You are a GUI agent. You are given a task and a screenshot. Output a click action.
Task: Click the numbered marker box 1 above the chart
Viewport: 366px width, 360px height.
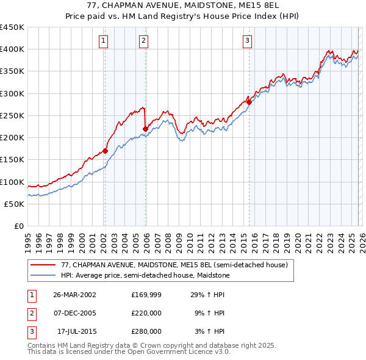tap(103, 41)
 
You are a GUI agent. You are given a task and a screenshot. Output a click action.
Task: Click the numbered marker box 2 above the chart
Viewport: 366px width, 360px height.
tap(143, 41)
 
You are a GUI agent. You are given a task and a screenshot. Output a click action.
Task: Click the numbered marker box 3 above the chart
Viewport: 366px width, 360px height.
tap(247, 41)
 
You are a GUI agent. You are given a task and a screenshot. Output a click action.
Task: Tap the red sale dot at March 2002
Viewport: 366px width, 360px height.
tap(105, 151)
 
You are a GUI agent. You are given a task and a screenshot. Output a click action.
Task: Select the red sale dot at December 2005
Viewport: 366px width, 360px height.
tap(145, 129)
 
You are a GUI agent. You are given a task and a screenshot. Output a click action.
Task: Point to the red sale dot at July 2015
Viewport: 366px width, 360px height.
tap(249, 102)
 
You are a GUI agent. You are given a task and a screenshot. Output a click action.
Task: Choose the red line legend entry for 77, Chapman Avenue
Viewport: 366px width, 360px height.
tap(170, 265)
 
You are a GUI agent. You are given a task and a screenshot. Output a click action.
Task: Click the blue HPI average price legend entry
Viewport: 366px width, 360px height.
tap(145, 276)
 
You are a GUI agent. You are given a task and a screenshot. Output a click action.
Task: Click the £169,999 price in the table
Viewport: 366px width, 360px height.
tap(146, 295)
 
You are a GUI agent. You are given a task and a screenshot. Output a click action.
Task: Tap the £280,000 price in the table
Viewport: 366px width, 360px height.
tap(146, 331)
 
